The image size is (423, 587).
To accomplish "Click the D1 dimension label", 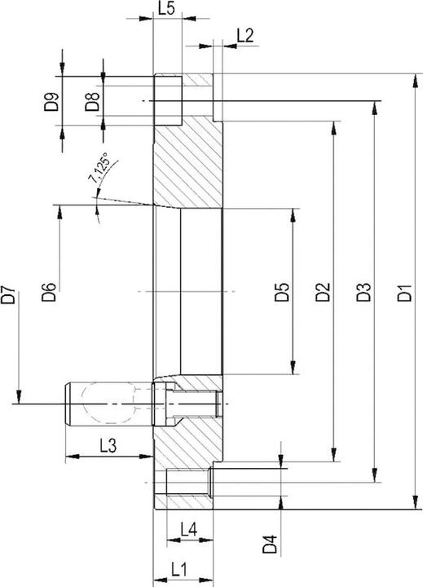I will coord(404,291).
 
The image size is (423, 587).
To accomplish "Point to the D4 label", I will coord(271,541).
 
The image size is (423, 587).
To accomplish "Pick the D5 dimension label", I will coord(282,291).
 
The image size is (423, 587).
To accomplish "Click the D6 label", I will coord(49,291).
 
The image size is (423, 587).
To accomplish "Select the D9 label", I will coord(52,103).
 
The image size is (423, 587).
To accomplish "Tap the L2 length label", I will coord(245,34).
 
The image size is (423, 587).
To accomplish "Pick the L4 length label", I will coord(187,529).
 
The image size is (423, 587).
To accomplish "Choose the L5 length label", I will coord(165,9).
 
